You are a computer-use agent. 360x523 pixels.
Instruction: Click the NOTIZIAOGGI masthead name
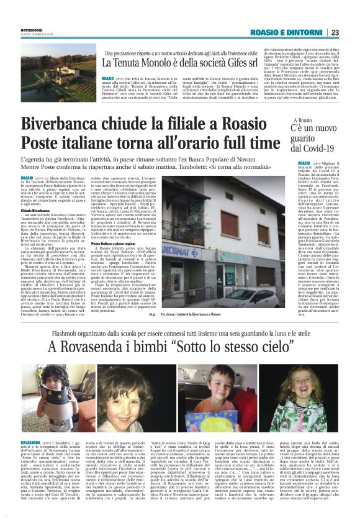33,30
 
